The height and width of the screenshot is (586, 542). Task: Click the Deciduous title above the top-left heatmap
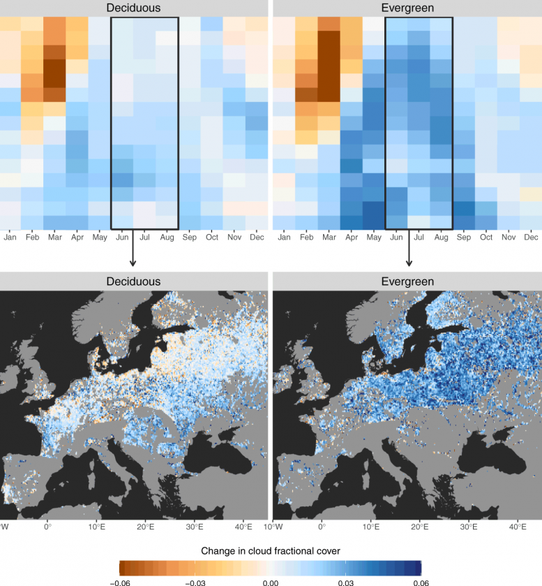(x=133, y=8)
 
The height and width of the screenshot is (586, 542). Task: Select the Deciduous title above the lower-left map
(x=133, y=281)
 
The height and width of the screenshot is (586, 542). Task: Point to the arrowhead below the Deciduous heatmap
(x=133, y=263)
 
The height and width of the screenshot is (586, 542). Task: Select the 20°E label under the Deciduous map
(x=145, y=526)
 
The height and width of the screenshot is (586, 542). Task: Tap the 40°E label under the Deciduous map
(x=243, y=526)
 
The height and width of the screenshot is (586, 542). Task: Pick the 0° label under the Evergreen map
(x=322, y=526)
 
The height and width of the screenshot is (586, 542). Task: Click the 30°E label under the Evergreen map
(x=469, y=526)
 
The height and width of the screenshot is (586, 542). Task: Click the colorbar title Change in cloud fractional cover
(x=271, y=551)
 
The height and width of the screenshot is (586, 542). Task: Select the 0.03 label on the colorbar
(x=346, y=581)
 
